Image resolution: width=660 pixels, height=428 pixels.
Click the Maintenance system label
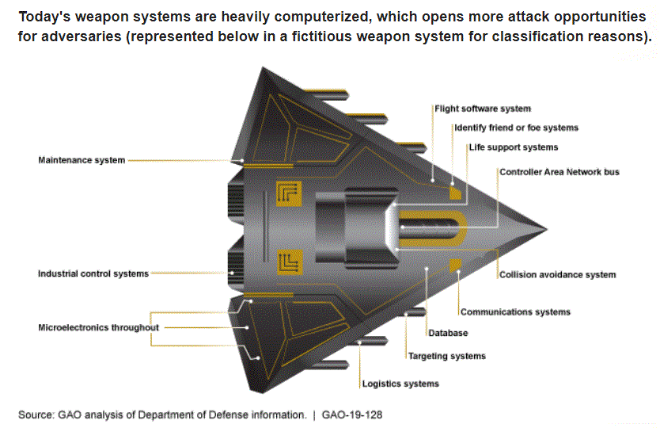[x=82, y=160]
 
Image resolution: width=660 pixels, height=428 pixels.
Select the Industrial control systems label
[x=93, y=273]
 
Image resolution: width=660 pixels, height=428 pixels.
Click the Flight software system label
[x=482, y=109]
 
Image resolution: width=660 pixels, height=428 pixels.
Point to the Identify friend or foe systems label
[x=515, y=128]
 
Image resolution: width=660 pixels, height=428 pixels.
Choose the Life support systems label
[x=513, y=147]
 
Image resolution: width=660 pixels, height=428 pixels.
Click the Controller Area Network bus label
[x=559, y=171]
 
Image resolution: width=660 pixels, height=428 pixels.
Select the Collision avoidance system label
[x=557, y=275]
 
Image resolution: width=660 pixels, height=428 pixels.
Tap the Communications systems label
[x=515, y=312]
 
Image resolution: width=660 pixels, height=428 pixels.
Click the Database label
[x=448, y=334]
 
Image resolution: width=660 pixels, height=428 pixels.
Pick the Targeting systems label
[x=446, y=357]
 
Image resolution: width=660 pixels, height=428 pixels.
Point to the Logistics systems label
[x=400, y=384]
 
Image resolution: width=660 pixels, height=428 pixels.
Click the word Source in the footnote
[x=36, y=415]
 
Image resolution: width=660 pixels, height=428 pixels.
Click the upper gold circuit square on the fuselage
[x=289, y=193]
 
